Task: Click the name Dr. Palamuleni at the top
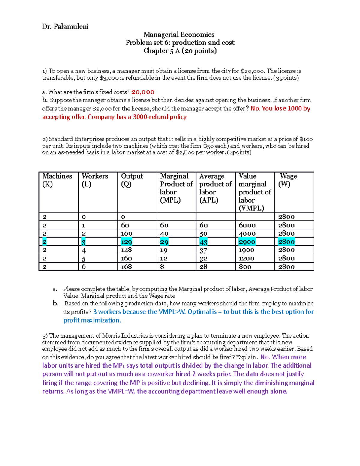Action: pyautogui.click(x=65, y=27)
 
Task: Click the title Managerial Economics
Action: pyautogui.click(x=179, y=35)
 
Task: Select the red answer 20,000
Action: pyautogui.click(x=143, y=92)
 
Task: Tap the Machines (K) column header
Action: pyautogui.click(x=57, y=180)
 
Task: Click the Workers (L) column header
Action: pyautogui.click(x=95, y=180)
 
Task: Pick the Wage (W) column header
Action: pyautogui.click(x=288, y=180)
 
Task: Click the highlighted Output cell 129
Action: pyautogui.click(x=126, y=242)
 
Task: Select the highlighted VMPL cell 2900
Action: pyautogui.click(x=247, y=242)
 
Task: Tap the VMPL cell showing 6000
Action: pyautogui.click(x=247, y=225)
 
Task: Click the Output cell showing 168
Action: pyautogui.click(x=126, y=267)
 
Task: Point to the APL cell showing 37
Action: pyautogui.click(x=203, y=250)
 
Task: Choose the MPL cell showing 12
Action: pyautogui.click(x=164, y=258)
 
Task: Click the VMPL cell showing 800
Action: pyautogui.click(x=245, y=267)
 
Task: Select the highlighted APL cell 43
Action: pyautogui.click(x=203, y=242)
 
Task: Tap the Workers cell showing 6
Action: pyautogui.click(x=84, y=267)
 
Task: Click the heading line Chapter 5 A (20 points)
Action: pyautogui.click(x=180, y=51)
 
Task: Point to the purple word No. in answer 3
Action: pyautogui.click(x=265, y=357)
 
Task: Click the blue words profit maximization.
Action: pyautogui.click(x=92, y=320)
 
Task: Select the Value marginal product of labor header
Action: pyautogui.click(x=254, y=192)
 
